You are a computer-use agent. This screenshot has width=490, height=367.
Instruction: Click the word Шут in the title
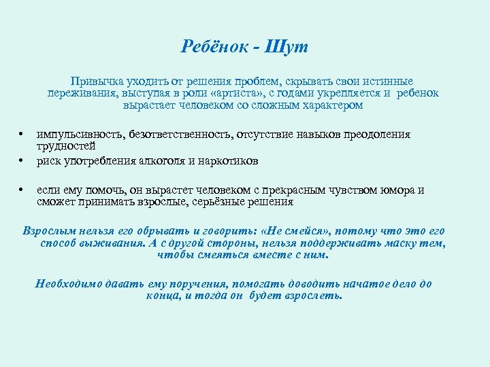coord(289,47)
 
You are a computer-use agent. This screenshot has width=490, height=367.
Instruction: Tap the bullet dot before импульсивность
coord(22,134)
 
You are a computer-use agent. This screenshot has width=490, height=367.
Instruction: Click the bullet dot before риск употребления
coord(22,161)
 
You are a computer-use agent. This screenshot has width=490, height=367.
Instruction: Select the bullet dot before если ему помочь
coord(22,190)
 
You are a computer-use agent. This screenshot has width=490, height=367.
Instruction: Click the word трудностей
coord(66,145)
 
